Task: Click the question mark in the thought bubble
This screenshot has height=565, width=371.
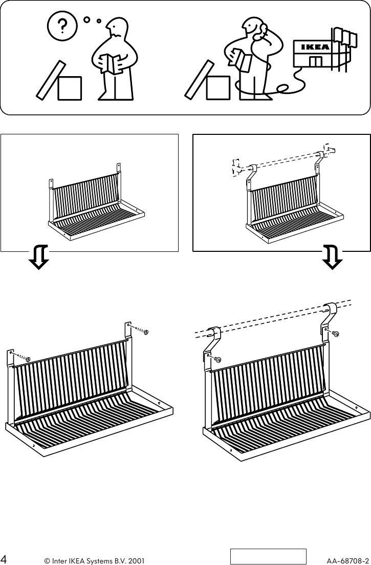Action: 62,26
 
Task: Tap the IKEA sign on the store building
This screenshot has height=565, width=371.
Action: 314,48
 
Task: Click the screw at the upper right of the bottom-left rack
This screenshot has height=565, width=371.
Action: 145,332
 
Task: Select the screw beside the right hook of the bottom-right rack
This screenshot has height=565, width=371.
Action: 336,334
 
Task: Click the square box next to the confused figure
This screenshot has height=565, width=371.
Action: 70,87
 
